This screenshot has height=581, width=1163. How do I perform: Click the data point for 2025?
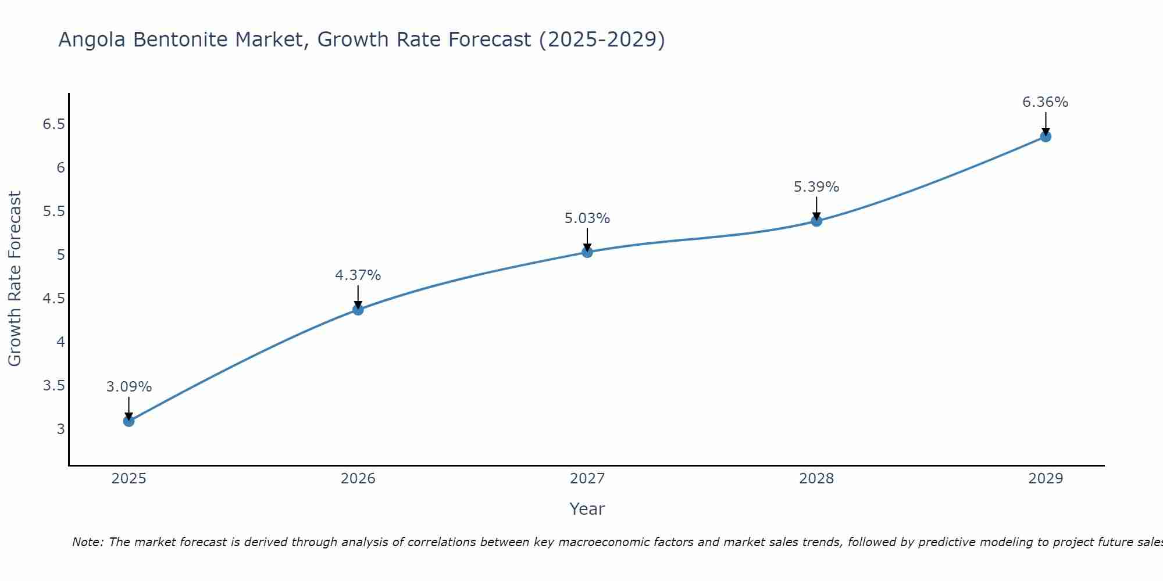point(129,421)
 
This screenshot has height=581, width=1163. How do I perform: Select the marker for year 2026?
point(358,310)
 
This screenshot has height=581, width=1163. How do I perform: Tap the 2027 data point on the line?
point(587,252)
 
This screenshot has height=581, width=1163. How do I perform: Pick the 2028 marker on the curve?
point(816,221)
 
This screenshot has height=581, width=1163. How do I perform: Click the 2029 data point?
point(1046,137)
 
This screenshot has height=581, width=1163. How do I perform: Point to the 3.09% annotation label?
point(129,387)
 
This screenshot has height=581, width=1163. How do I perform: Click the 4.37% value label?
point(358,275)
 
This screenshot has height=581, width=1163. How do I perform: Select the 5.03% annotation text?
point(587,218)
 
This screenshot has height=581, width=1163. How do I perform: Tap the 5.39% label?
point(816,187)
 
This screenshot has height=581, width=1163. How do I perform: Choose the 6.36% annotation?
point(1045,102)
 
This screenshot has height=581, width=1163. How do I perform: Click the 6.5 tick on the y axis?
point(53,124)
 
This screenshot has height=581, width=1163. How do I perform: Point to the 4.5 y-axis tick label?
point(53,299)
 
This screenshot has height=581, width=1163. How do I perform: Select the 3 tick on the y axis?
point(60,429)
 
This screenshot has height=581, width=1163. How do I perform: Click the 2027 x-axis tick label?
point(587,479)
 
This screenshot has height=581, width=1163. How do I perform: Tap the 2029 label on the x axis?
point(1046,479)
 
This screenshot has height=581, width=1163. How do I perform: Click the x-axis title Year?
point(587,509)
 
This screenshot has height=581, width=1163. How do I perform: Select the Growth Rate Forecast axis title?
point(15,279)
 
